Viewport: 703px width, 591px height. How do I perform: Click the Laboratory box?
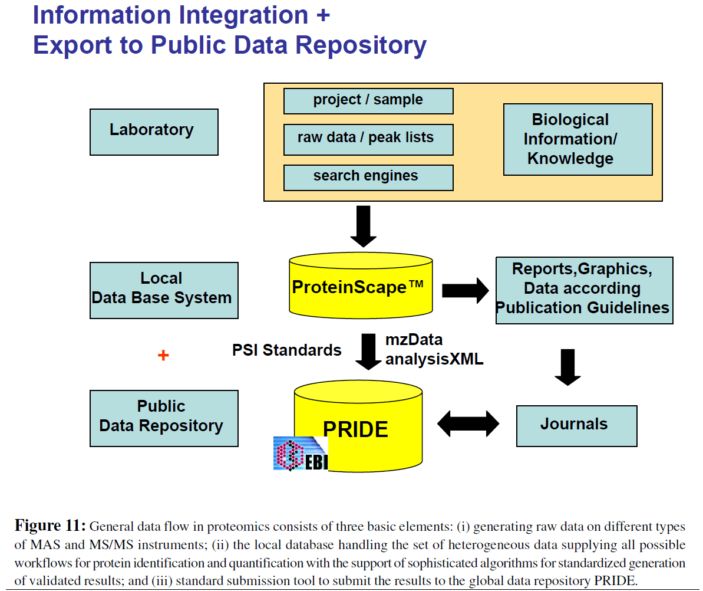pyautogui.click(x=154, y=132)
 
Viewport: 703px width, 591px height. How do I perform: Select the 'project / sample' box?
pyautogui.click(x=368, y=100)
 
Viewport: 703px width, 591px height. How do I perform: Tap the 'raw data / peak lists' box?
pyautogui.click(x=368, y=139)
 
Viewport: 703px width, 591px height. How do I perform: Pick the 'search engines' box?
pyautogui.click(x=368, y=177)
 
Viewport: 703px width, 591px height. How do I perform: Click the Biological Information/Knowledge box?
pyautogui.click(x=577, y=139)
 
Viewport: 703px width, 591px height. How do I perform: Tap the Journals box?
pyautogui.click(x=576, y=425)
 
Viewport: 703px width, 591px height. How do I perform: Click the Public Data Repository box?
pyautogui.click(x=164, y=418)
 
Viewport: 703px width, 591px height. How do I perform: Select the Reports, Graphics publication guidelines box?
pyautogui.click(x=584, y=290)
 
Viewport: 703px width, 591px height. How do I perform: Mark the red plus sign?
pyautogui.click(x=164, y=356)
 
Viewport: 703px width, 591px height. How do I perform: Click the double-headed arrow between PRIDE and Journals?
pyautogui.click(x=468, y=423)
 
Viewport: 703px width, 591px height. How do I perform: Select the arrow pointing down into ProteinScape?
pyautogui.click(x=363, y=226)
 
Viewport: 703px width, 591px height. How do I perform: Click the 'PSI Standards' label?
pyautogui.click(x=287, y=350)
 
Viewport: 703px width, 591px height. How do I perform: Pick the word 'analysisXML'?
pyautogui.click(x=434, y=359)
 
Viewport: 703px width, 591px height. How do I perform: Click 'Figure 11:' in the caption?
pyautogui.click(x=51, y=526)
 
